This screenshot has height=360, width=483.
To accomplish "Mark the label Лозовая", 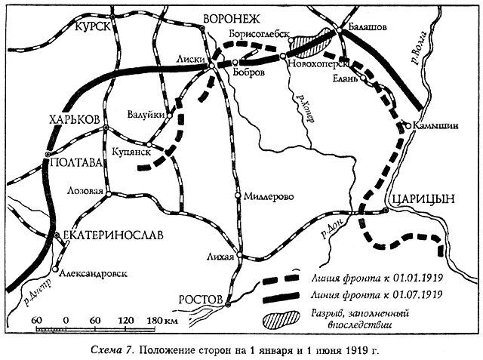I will (x=85, y=190).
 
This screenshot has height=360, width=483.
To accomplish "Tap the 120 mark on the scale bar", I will (x=125, y=318).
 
